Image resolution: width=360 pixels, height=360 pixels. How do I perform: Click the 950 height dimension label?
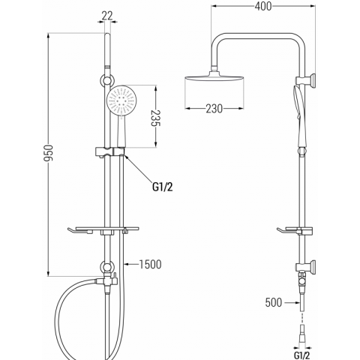coord(49,153)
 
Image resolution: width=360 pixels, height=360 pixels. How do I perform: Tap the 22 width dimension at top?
coord(107,16)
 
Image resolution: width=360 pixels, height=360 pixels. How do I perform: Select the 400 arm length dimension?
coord(263,6)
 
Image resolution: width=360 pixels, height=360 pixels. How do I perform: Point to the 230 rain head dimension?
coord(214,109)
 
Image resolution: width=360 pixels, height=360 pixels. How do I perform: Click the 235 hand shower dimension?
coord(155,118)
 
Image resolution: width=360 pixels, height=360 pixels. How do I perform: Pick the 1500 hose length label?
coord(150,264)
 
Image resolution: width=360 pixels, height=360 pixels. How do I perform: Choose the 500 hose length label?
coord(274,302)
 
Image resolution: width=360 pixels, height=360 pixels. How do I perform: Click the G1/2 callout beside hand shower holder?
coord(163,187)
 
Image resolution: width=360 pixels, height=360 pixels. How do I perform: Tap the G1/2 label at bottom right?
coord(302,355)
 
